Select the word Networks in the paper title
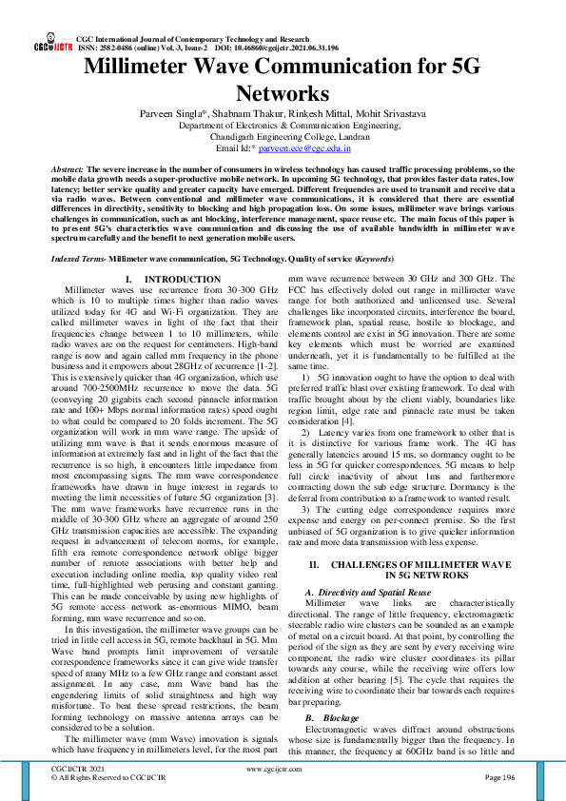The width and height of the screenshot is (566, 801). click(283, 93)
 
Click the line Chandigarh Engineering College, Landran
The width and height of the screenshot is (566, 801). click(283, 136)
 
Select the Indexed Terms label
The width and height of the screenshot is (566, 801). click(77, 258)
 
